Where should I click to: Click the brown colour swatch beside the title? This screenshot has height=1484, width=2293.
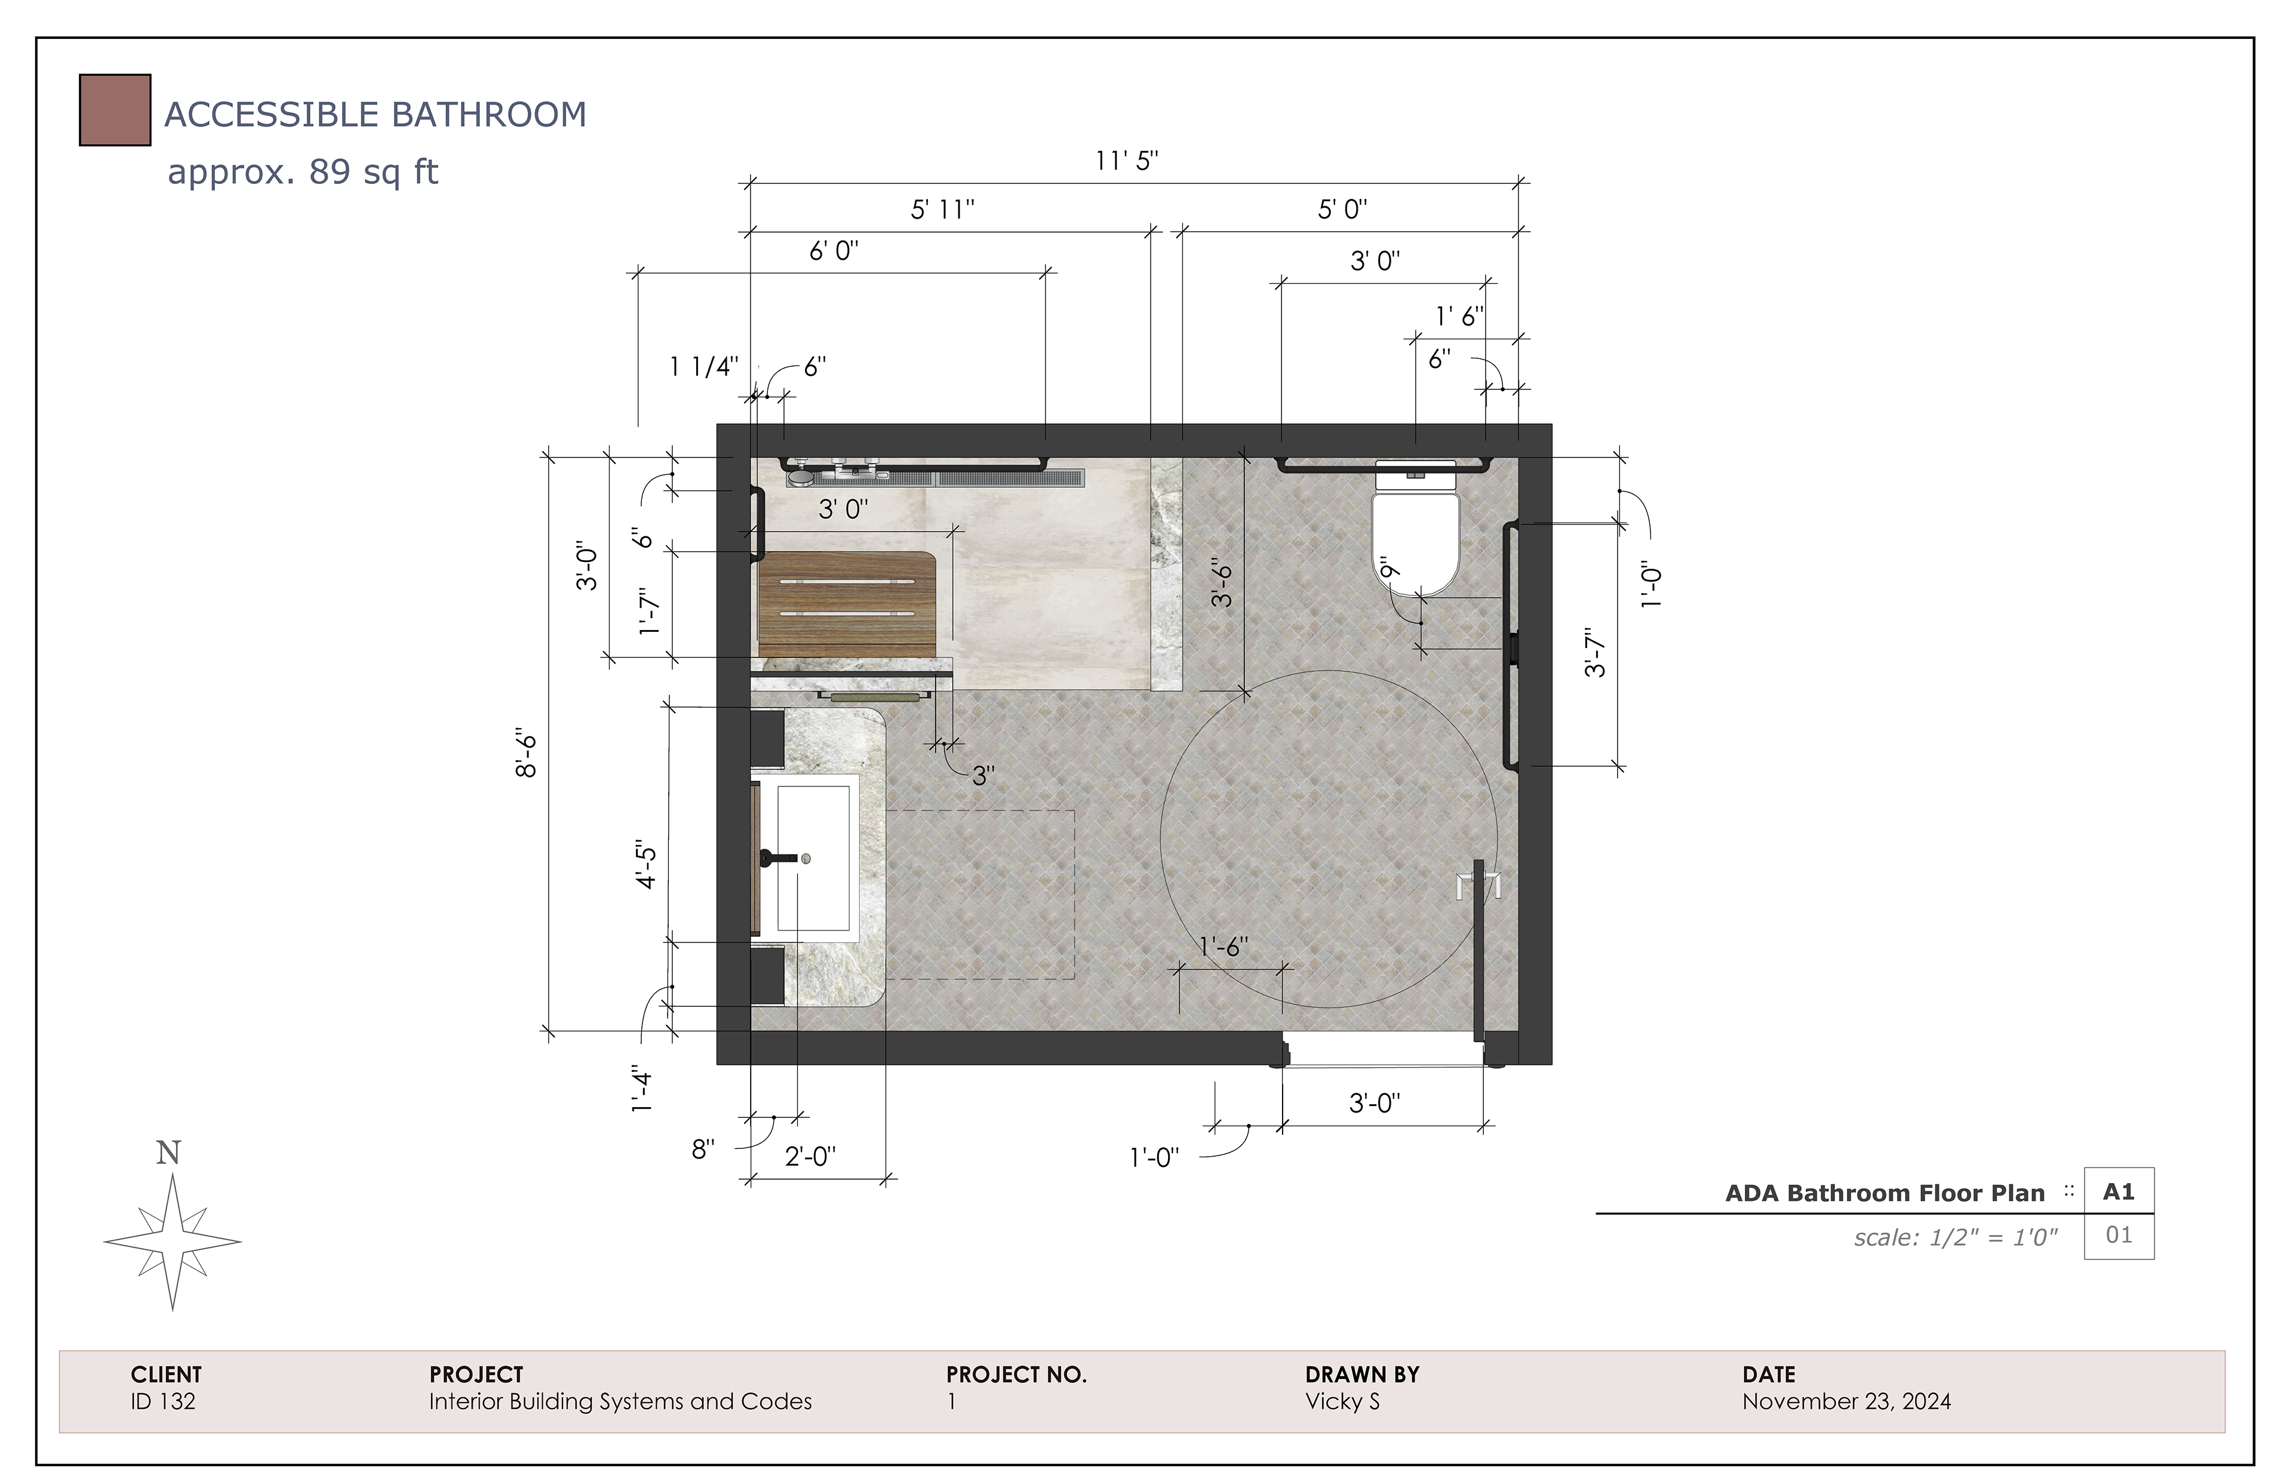[115, 110]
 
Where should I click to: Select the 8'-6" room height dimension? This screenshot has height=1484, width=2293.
[526, 755]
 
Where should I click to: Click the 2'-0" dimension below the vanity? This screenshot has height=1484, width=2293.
[810, 1156]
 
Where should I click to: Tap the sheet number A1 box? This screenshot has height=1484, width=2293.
[2119, 1192]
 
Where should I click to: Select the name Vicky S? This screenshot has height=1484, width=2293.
[1342, 1401]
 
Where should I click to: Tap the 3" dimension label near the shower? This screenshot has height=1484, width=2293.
[983, 776]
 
